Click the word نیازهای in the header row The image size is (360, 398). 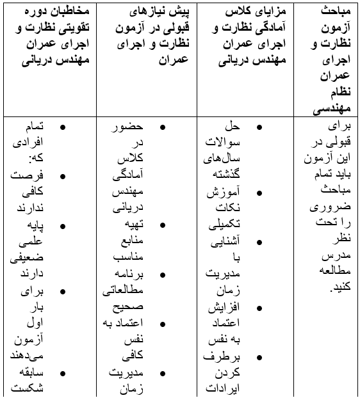tap(149, 13)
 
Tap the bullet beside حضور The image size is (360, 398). tap(162, 127)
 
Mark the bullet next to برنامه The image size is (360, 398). tap(162, 275)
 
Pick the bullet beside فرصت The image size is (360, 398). tap(62, 176)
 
